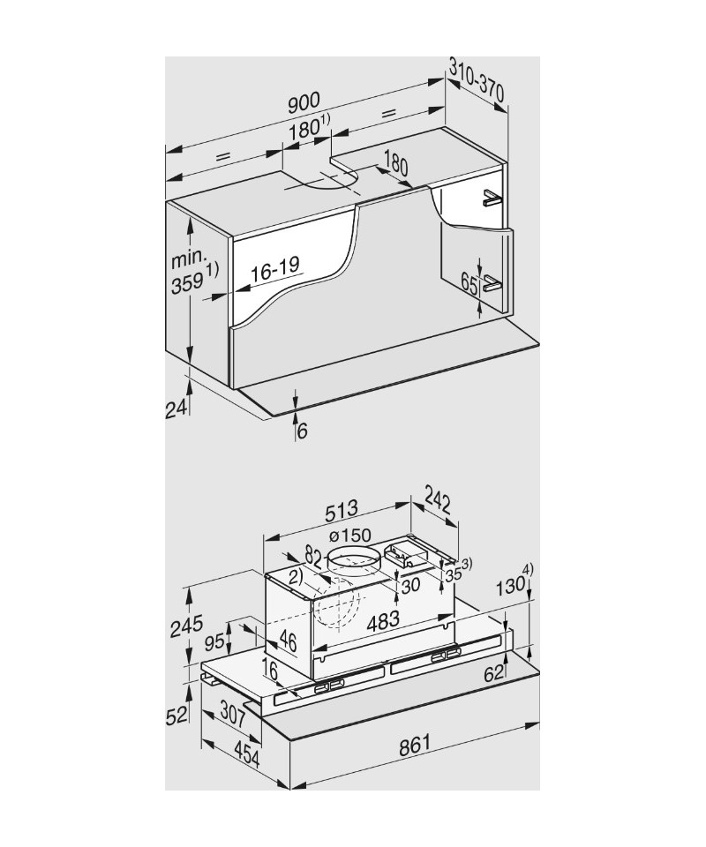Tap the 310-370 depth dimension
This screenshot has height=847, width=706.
click(477, 79)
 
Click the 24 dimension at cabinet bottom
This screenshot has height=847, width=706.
click(177, 408)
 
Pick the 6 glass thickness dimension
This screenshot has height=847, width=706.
click(303, 431)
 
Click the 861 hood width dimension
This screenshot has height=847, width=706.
click(416, 743)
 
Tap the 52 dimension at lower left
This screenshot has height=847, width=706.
click(178, 714)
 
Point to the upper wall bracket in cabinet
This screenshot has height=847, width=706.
click(491, 199)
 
